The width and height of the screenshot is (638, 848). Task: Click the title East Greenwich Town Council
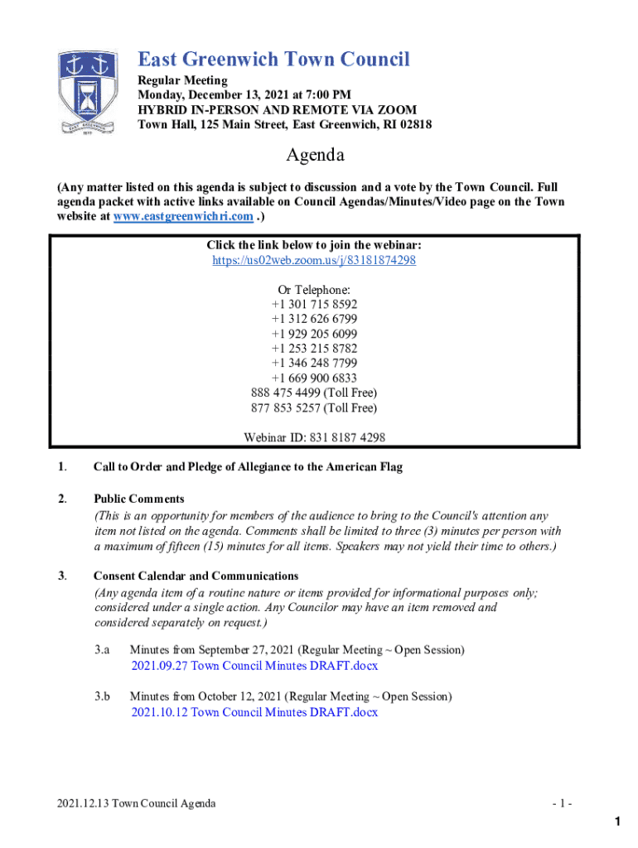pyautogui.click(x=273, y=60)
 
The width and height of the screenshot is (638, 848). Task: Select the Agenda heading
pyautogui.click(x=315, y=155)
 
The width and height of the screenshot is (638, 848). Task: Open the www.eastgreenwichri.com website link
pyautogui.click(x=206, y=216)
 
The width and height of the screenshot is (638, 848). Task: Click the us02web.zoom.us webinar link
pyautogui.click(x=314, y=260)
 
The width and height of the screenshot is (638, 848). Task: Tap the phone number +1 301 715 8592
pyautogui.click(x=314, y=304)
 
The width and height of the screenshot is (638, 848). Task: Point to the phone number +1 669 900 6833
pyautogui.click(x=314, y=378)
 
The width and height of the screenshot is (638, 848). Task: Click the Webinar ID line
pyautogui.click(x=314, y=437)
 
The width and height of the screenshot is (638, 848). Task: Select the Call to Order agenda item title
pyautogui.click(x=248, y=467)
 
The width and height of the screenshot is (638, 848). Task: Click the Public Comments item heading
pyautogui.click(x=139, y=499)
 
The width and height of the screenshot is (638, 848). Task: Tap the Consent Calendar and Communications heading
pyautogui.click(x=196, y=576)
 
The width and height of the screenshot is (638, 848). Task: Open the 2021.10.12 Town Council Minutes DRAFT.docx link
pyautogui.click(x=254, y=712)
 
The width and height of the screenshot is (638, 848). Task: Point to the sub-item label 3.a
pyautogui.click(x=102, y=650)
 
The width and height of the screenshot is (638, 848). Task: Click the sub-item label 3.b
pyautogui.click(x=102, y=696)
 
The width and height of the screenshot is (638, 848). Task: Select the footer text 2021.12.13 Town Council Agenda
pyautogui.click(x=137, y=803)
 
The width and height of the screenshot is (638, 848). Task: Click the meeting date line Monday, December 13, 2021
pyautogui.click(x=244, y=94)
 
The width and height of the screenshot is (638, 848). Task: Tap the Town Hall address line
pyautogui.click(x=284, y=124)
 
